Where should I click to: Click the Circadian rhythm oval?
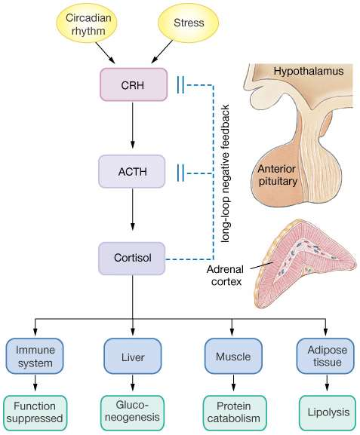pos(86,24)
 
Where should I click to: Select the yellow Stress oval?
pos(189,23)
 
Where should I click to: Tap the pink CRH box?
pos(134,84)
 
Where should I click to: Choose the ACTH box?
pos(132,171)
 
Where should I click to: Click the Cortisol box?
pos(132,259)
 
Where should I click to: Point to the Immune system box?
pos(35,356)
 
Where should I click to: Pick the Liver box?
pos(133,356)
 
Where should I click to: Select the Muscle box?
pos(233,356)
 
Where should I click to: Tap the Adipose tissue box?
pos(325,356)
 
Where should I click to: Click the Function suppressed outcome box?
pos(35,413)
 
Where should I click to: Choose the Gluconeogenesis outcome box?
pos(132,413)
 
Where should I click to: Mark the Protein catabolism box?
pos(233,413)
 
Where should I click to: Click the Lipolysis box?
pos(328,413)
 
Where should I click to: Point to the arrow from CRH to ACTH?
pos(133,125)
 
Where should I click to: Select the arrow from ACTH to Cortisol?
pos(133,210)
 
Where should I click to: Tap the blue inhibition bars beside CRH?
pos(180,85)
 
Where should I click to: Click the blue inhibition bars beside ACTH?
pos(180,173)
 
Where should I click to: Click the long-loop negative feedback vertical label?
pos(225,173)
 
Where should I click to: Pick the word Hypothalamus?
pos(309,71)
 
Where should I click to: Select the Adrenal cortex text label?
pos(226,275)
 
